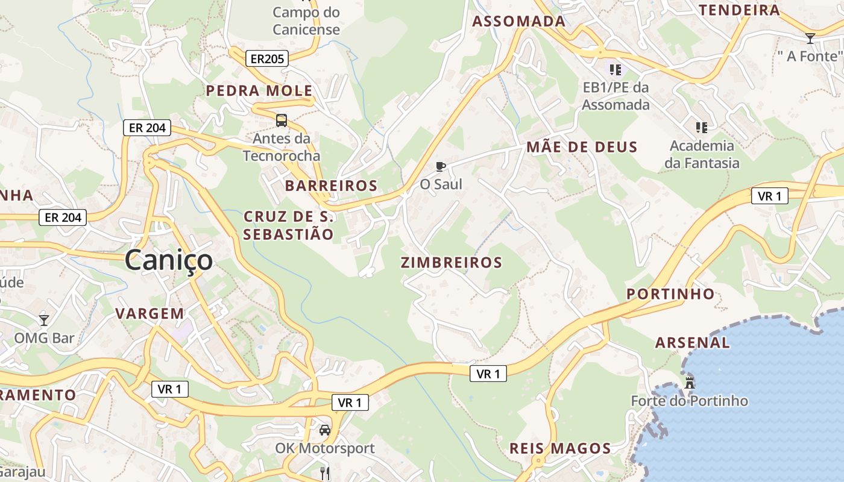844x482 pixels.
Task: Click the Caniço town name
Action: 169,260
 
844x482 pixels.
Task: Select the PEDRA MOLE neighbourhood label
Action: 259,91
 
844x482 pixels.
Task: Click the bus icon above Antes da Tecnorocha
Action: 282,120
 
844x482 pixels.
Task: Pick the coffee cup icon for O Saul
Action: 441,166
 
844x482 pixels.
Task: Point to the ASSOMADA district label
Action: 519,22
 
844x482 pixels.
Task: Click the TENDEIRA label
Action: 739,10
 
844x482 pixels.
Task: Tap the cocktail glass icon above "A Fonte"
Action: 810,39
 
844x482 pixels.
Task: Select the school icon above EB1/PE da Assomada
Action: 616,70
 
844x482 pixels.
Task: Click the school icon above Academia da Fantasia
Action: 702,128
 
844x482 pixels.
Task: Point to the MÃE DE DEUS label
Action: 582,147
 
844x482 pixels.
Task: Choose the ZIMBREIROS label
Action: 452,263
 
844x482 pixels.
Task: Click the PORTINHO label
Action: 670,294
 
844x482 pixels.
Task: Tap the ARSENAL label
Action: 693,343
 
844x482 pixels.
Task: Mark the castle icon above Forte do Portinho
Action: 690,383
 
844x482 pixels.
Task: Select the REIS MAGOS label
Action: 560,448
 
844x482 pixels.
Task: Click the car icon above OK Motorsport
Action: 325,430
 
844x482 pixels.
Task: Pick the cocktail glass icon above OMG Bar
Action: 44,320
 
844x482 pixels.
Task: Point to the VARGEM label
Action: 150,313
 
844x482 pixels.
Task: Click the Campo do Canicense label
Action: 306,20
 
